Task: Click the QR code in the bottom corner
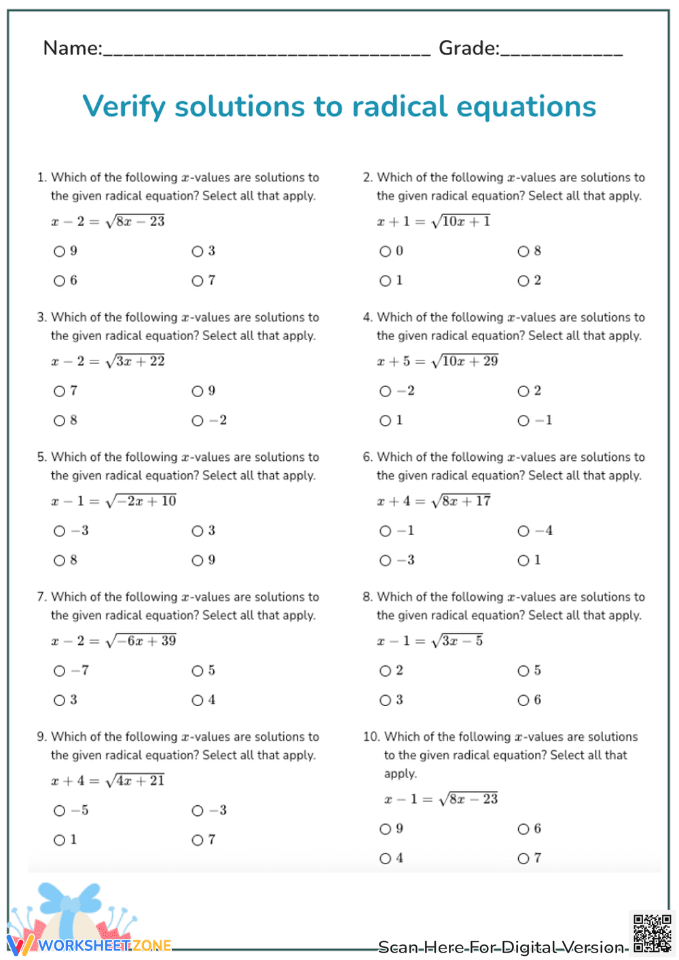[x=652, y=934]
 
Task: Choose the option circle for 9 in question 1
[x=60, y=252]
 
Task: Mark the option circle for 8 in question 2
[x=523, y=252]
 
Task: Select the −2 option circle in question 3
[x=198, y=421]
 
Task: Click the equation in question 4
[x=437, y=361]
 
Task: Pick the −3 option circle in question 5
[x=60, y=532]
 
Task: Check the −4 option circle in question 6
[x=523, y=532]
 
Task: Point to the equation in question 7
[x=113, y=641]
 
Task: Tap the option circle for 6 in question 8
[x=523, y=701]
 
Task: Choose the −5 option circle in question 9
[x=60, y=811]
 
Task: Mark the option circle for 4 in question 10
[x=386, y=859]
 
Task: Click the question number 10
[x=371, y=737]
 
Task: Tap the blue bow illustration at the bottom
[x=70, y=901]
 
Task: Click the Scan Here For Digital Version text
[x=501, y=947]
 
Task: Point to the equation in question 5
[x=113, y=501]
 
